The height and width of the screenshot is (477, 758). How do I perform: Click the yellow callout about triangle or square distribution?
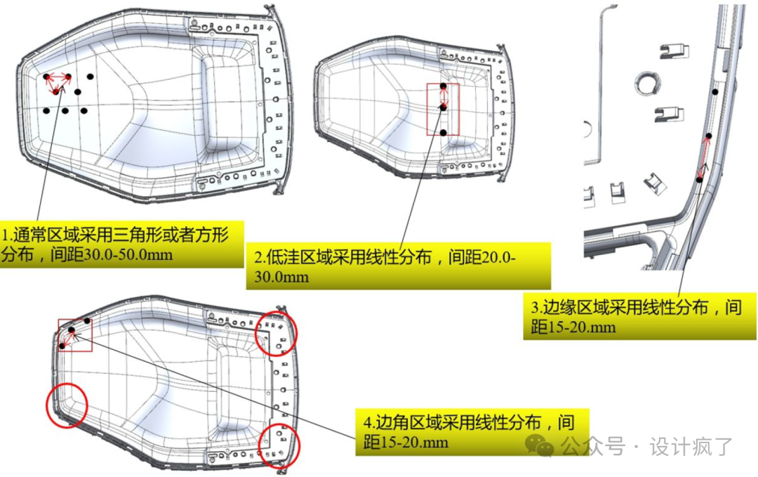[x=122, y=244]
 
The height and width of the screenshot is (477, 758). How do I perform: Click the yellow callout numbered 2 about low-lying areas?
[x=399, y=266]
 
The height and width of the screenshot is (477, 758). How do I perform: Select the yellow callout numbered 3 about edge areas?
[x=639, y=316]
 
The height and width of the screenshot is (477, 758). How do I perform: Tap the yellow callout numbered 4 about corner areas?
[x=472, y=431]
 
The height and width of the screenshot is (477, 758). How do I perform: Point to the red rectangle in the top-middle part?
[x=443, y=109]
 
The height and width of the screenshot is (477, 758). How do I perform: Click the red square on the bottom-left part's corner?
[x=75, y=335]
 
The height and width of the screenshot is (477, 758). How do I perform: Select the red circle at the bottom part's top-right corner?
[x=276, y=333]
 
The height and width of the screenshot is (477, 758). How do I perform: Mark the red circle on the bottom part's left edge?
[x=67, y=405]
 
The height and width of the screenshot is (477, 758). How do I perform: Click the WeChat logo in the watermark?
[x=540, y=445]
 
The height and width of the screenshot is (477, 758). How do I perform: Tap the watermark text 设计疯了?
[x=691, y=446]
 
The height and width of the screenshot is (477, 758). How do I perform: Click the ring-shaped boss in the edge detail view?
[x=648, y=83]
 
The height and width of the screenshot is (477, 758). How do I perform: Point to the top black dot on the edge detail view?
[x=715, y=92]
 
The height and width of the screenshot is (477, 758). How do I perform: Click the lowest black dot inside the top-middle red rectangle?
[x=444, y=132]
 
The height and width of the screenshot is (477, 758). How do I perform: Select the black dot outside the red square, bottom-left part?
[x=87, y=320]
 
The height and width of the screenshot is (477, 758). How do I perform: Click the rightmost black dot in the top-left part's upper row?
[x=90, y=77]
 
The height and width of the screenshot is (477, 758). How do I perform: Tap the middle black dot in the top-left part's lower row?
[x=65, y=111]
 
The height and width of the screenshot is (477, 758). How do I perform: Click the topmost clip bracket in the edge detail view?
[x=674, y=51]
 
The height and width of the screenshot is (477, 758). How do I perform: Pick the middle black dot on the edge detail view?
[x=708, y=136]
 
